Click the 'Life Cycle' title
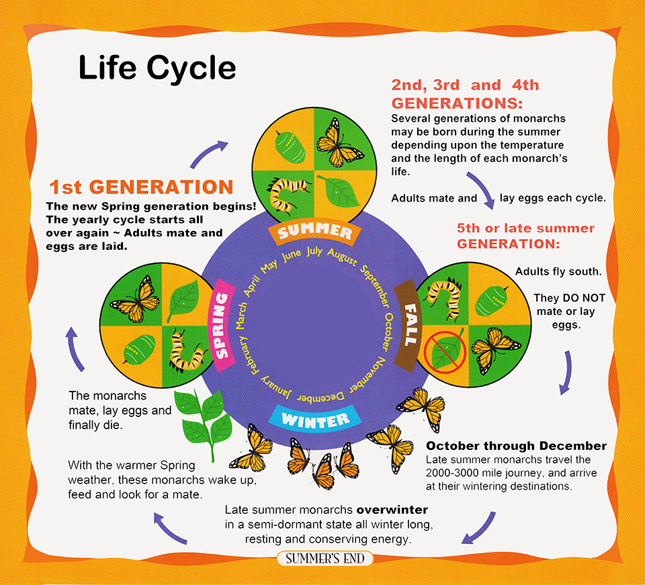tap(157, 69)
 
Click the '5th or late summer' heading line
tap(518, 228)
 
